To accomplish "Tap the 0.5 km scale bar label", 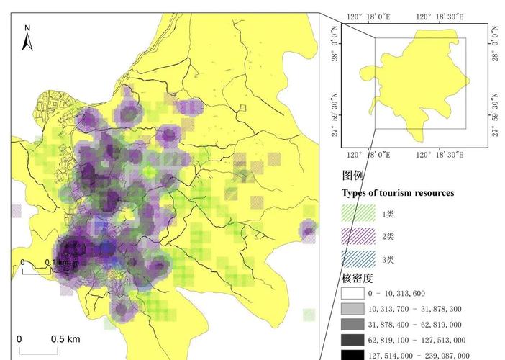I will [65, 338].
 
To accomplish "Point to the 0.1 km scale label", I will [58, 262].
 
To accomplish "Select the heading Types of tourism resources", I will [397, 193].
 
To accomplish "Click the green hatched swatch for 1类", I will [358, 214].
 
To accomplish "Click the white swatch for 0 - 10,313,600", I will [352, 294].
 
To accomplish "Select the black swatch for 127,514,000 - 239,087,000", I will [352, 355].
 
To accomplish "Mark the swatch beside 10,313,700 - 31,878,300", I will [352, 309].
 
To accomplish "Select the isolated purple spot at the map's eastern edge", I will [309, 230].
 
